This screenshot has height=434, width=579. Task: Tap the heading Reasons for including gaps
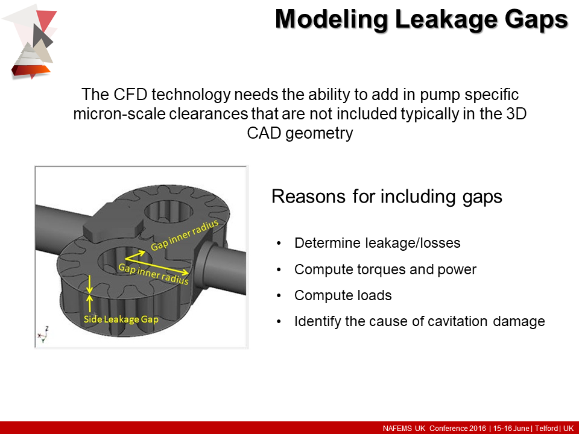(x=387, y=197)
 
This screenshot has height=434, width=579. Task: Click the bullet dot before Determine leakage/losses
(x=278, y=244)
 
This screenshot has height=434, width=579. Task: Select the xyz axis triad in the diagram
(x=43, y=333)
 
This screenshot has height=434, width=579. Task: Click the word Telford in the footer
(x=545, y=428)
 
